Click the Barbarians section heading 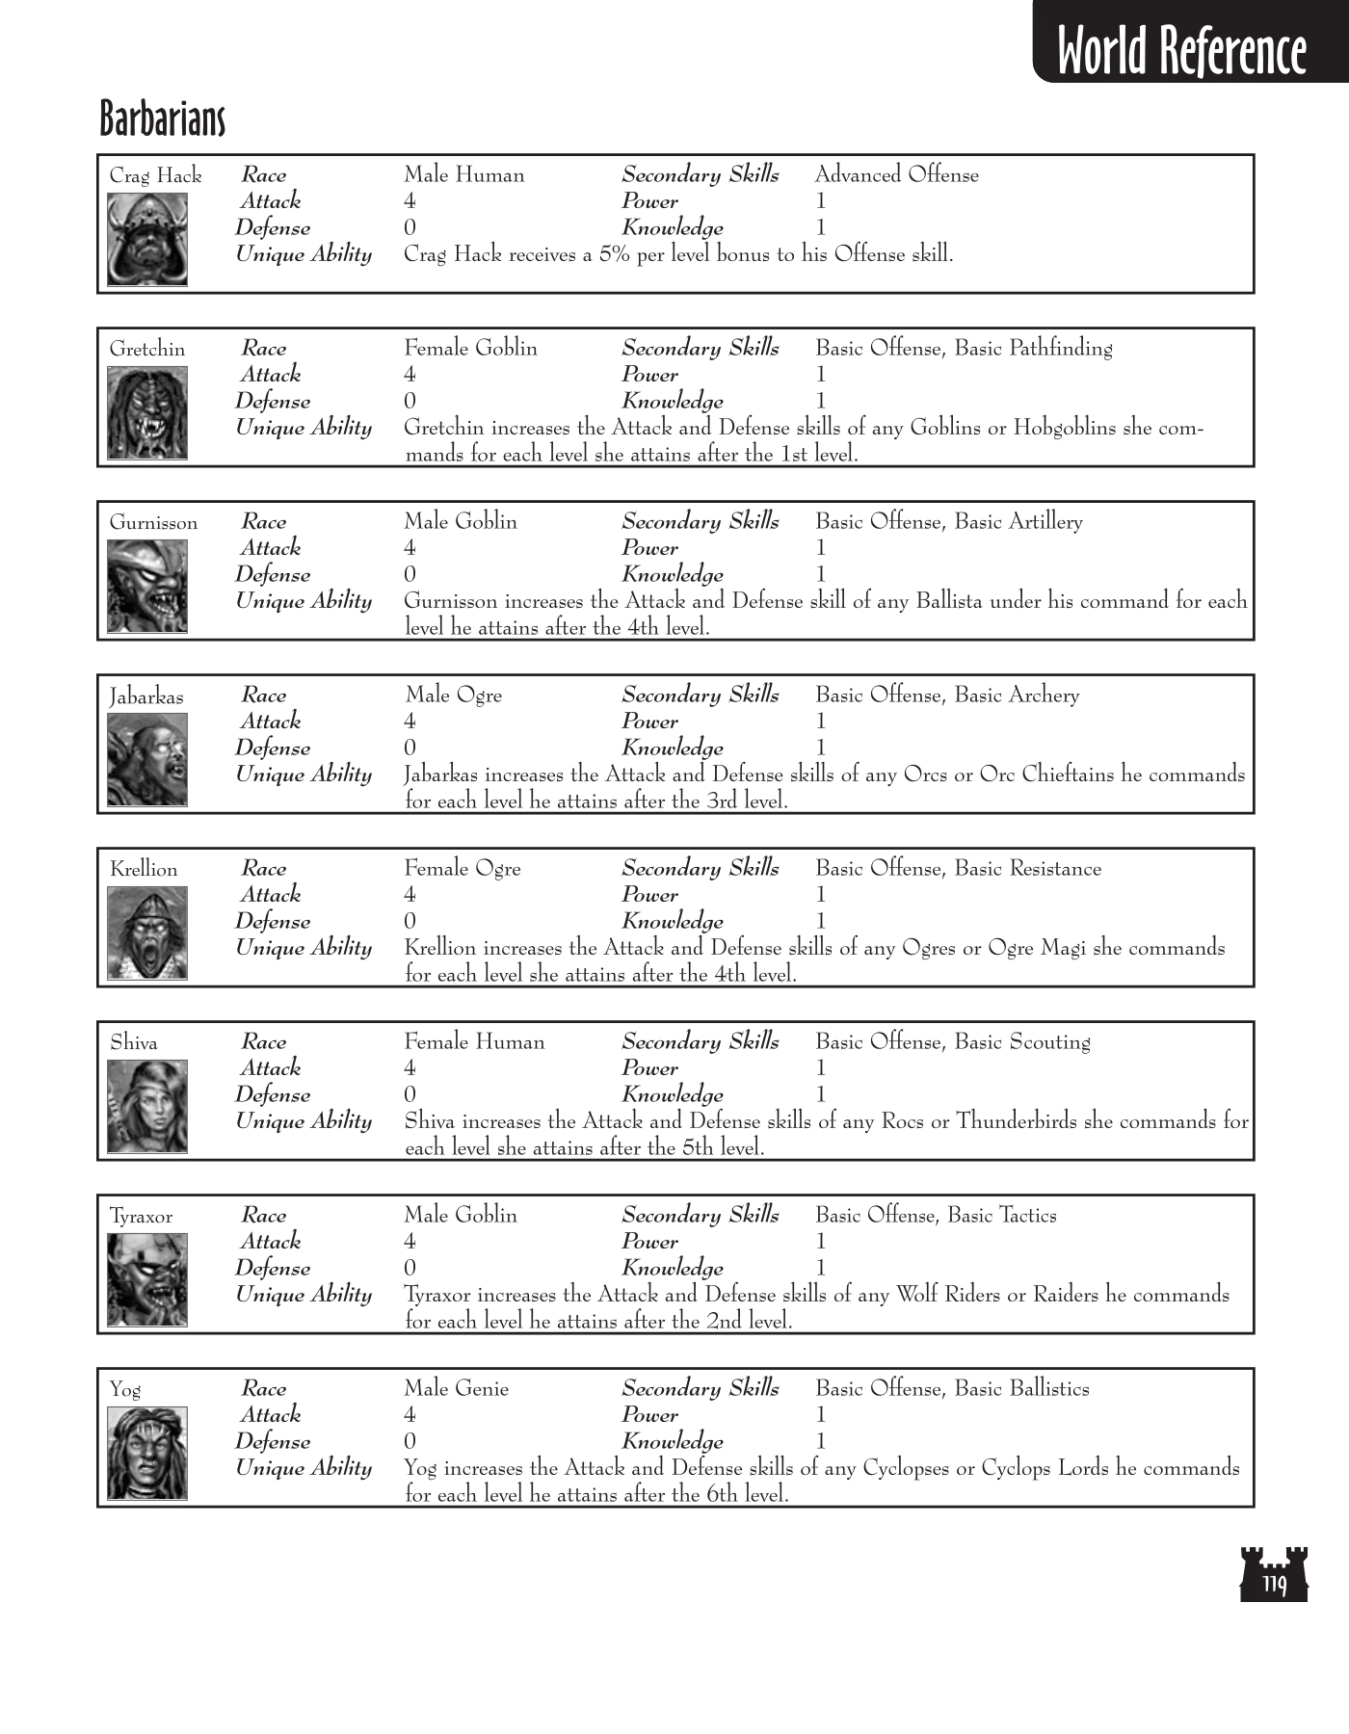coord(162,119)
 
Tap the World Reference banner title coord(1181,50)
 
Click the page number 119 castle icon coord(1274,1574)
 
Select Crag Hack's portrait coord(147,239)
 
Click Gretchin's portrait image coord(147,412)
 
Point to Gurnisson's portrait coord(147,586)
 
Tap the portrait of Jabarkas coord(147,759)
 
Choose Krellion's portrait coord(147,933)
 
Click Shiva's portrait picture coord(147,1106)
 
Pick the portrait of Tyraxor coord(147,1279)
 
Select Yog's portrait coord(147,1453)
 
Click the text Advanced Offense coord(896,174)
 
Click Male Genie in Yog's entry coord(456,1388)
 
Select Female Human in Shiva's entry coord(474,1041)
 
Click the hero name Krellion coord(144,869)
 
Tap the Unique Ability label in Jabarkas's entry coord(304,775)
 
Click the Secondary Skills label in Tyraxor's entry coord(700,1215)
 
